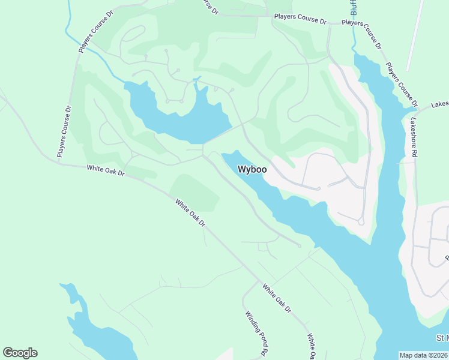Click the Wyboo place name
pos(252,169)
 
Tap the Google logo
pos(20,353)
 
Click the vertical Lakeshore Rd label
pos(414,137)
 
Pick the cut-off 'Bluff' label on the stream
pos(354,8)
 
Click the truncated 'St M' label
pos(442,338)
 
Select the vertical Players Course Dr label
pos(64,131)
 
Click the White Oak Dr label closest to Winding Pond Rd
pos(276,298)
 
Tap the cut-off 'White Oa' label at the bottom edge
pos(312,347)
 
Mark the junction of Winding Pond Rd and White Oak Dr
pos(259,281)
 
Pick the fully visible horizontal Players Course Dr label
pos(300,19)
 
